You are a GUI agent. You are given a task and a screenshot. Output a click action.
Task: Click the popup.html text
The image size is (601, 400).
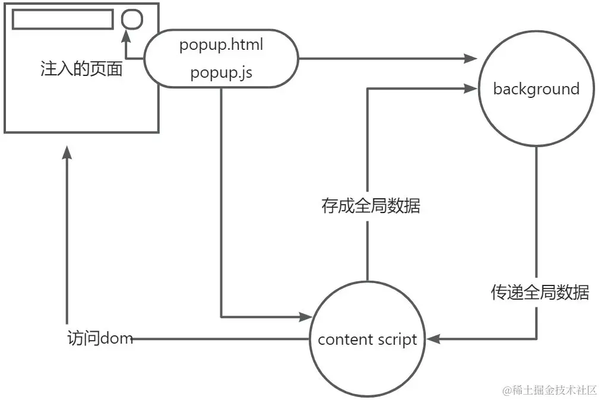tap(221, 45)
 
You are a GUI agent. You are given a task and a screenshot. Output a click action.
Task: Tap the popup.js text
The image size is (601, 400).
tap(221, 72)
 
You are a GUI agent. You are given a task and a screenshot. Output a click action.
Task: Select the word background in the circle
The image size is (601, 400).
tap(536, 89)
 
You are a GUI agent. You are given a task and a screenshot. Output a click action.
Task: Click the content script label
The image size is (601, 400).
tap(368, 340)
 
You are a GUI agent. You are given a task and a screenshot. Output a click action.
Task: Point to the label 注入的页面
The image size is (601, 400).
tap(81, 69)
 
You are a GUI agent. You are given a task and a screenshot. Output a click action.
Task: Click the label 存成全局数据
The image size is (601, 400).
tap(371, 206)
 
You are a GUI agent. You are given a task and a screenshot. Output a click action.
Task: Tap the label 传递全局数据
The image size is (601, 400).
tap(540, 292)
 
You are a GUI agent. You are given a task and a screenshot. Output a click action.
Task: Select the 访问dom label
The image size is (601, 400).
tap(100, 339)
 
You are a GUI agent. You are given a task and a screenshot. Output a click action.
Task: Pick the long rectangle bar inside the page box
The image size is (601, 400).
tap(62, 19)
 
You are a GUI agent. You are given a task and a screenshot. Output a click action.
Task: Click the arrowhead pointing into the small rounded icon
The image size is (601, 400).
tap(126, 37)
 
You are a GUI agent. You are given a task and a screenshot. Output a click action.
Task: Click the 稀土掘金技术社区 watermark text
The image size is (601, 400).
tap(549, 389)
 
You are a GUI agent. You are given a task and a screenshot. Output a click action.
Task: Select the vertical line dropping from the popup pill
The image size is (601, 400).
tap(221, 202)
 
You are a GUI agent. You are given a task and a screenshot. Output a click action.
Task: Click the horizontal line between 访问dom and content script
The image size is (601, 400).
tap(220, 339)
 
